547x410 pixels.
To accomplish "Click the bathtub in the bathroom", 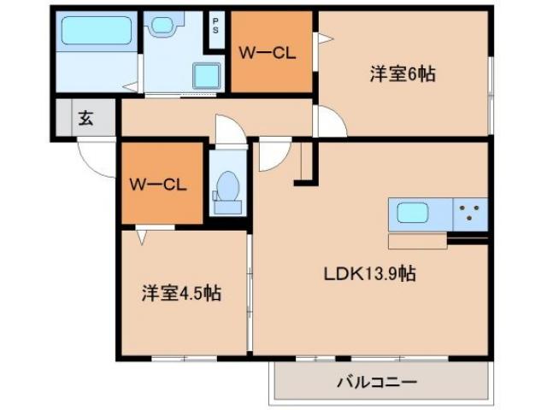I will coord(96,31).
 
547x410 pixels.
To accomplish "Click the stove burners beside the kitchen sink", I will coord(469,214).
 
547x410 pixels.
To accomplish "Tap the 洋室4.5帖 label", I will coord(181,293).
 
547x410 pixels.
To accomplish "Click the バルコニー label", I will coord(376,382).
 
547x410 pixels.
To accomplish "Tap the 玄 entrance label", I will coord(85,118).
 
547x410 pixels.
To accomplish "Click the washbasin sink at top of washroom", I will coord(160,24).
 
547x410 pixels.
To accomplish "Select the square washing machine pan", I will coord(207,75).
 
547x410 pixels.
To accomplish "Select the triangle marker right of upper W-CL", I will coord(322,38).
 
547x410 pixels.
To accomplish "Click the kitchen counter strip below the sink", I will coord(417,241).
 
